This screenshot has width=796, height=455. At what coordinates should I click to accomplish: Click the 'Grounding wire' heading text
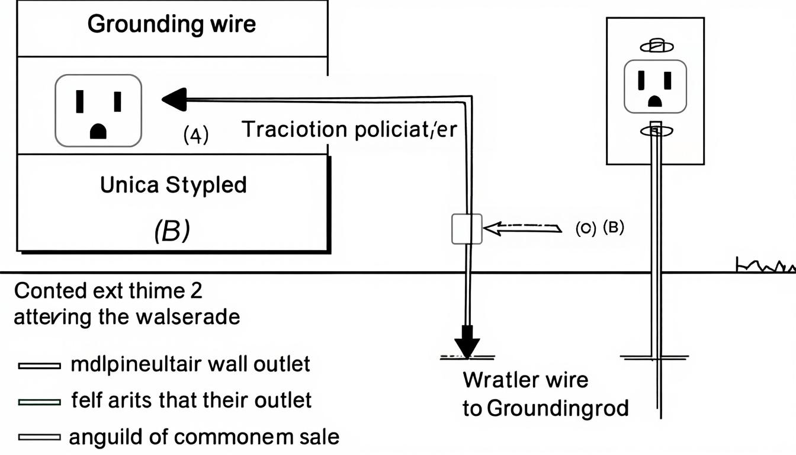click(172, 24)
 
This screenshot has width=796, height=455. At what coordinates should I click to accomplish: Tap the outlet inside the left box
click(98, 110)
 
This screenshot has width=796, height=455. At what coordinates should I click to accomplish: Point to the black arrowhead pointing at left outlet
click(175, 98)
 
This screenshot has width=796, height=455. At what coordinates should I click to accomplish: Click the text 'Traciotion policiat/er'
click(349, 130)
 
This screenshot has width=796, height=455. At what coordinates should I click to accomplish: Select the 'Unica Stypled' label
click(173, 185)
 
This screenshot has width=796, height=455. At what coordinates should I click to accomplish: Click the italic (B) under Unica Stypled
click(171, 232)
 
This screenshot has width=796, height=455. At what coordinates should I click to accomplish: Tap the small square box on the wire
click(467, 229)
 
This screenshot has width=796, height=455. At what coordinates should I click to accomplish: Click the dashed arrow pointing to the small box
click(521, 227)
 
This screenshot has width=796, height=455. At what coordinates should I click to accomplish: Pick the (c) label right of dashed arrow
click(586, 229)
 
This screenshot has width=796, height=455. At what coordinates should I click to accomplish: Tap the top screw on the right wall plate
click(654, 46)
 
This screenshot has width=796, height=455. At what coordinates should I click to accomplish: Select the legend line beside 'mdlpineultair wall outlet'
click(39, 366)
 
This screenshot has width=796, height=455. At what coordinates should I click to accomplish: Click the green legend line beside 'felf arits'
click(39, 402)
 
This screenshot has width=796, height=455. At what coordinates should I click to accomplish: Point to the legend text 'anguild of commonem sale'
click(204, 437)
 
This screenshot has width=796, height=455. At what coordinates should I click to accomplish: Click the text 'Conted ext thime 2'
click(108, 291)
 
